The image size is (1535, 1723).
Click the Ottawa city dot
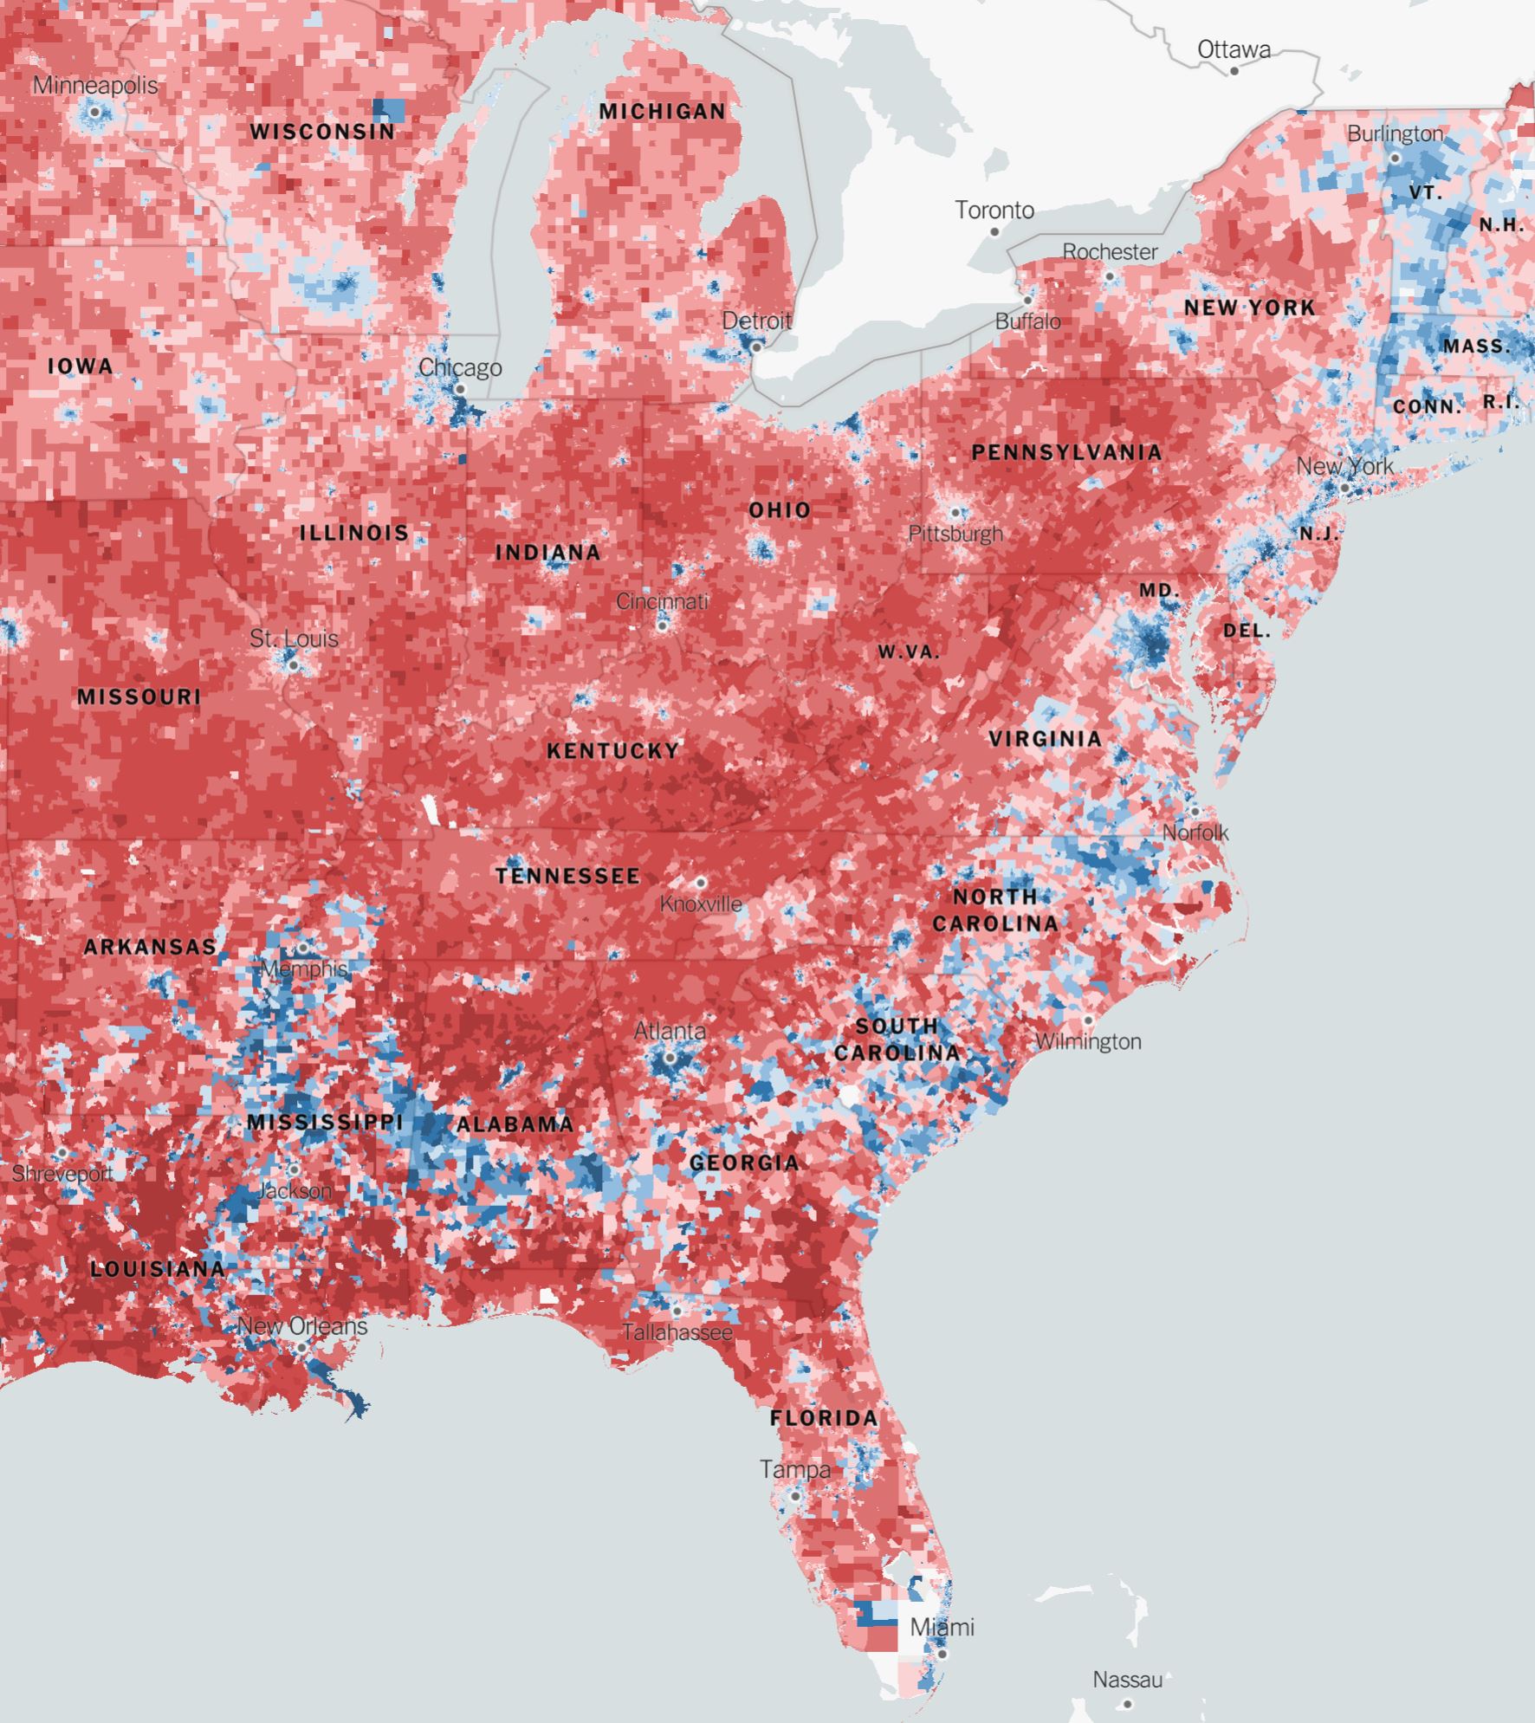point(1234,71)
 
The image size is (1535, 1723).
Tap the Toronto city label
point(994,211)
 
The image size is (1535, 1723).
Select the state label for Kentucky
point(613,751)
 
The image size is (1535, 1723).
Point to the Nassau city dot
point(1127,1704)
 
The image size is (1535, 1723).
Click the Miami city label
point(942,1628)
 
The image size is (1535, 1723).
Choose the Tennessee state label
point(568,877)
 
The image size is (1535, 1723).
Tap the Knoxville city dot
point(701,883)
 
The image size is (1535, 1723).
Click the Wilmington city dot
point(1088,1020)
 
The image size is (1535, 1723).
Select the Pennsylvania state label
point(1066,452)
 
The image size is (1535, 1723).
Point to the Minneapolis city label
point(95,86)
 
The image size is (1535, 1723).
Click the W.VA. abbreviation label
point(909,652)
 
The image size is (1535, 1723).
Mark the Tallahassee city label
point(677,1332)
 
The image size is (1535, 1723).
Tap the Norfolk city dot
point(1195,812)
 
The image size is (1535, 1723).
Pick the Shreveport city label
point(62,1174)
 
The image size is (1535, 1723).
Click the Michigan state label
point(663,112)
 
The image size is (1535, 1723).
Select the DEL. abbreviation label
point(1247,631)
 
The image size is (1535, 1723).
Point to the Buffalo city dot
point(1028,300)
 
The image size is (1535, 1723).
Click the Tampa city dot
point(795,1496)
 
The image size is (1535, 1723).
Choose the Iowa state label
point(81,366)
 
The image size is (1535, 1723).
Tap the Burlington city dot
point(1395,159)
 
